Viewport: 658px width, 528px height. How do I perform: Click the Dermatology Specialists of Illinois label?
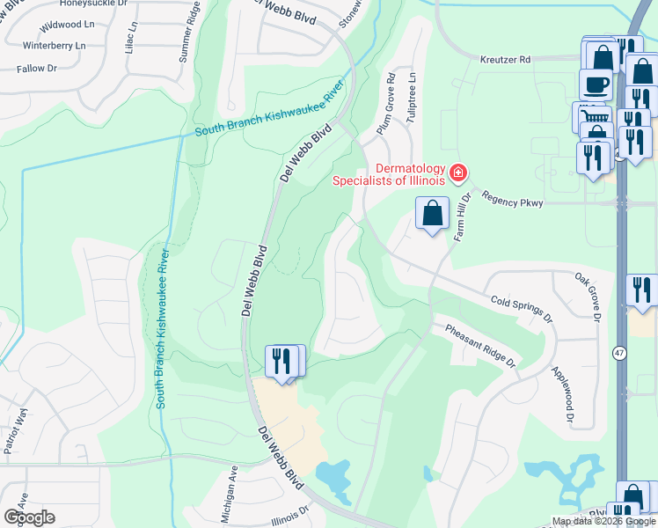387,175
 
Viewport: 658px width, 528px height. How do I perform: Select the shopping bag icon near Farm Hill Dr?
433,213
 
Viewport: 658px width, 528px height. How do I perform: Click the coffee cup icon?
596,84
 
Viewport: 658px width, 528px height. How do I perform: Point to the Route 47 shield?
620,353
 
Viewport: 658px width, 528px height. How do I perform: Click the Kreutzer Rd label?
506,60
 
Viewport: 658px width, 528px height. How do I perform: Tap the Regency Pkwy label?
515,203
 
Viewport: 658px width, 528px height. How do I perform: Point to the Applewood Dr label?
562,394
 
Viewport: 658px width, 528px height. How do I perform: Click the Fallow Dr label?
36,68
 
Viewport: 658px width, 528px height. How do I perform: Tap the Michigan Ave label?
230,495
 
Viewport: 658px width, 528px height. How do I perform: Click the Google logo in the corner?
29,517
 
